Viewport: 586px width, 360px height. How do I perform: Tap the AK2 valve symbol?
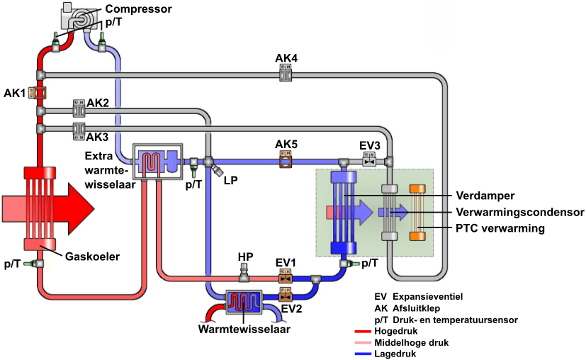(79, 109)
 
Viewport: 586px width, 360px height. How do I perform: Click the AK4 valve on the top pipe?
(286, 72)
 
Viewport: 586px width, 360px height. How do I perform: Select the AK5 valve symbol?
(286, 162)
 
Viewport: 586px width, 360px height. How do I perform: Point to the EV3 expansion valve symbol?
(369, 162)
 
